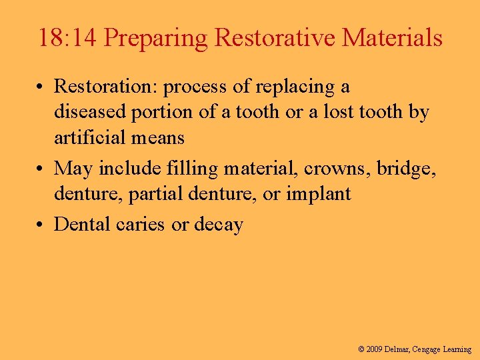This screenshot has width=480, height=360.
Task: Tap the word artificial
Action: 87,138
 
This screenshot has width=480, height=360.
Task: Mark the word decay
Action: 218,225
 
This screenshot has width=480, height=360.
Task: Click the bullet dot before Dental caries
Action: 41,225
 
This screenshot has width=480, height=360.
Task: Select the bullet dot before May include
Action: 41,169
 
